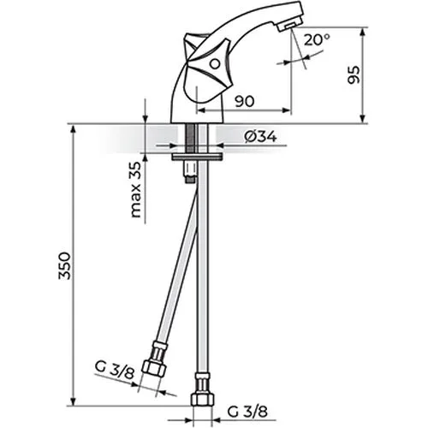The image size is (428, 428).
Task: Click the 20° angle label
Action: click(317, 40)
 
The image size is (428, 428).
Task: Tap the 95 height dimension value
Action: click(354, 75)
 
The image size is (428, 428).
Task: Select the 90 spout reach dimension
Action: click(244, 101)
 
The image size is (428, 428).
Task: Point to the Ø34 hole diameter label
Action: click(260, 137)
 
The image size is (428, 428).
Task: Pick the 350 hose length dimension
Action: click(64, 265)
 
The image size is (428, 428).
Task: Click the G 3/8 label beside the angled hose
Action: click(115, 371)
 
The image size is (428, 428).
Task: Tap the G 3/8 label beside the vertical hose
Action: click(247, 412)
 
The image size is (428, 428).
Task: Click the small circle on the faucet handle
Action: click(215, 64)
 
